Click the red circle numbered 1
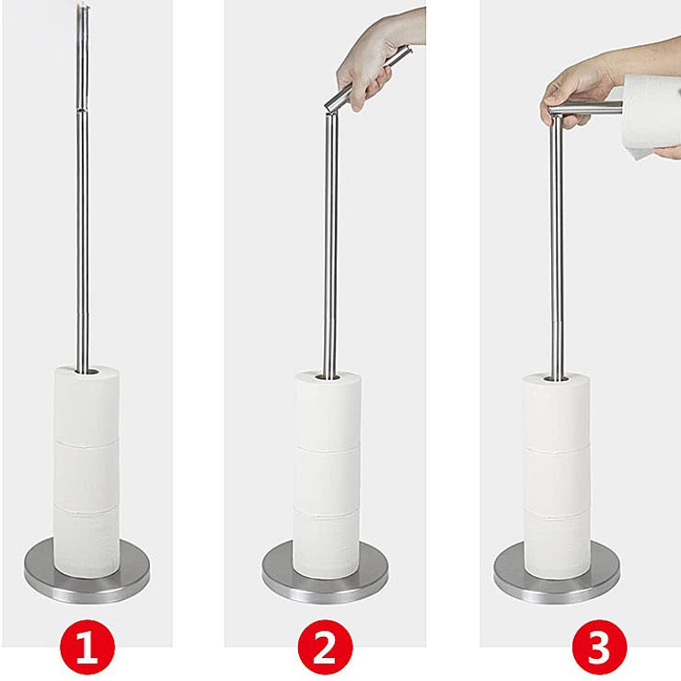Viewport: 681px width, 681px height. click(x=87, y=647)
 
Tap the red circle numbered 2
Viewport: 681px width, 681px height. click(x=325, y=647)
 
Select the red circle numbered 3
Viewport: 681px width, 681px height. click(x=599, y=647)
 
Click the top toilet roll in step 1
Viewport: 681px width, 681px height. click(x=87, y=404)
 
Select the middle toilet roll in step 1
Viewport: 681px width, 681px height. click(x=87, y=476)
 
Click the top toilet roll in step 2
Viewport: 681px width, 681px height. click(x=328, y=410)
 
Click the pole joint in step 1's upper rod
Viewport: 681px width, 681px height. click(x=83, y=109)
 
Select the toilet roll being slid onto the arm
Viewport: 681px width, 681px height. click(x=650, y=116)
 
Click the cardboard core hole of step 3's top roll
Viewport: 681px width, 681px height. click(x=557, y=379)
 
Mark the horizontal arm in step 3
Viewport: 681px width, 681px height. click(x=586, y=109)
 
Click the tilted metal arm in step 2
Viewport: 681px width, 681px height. click(x=369, y=77)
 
